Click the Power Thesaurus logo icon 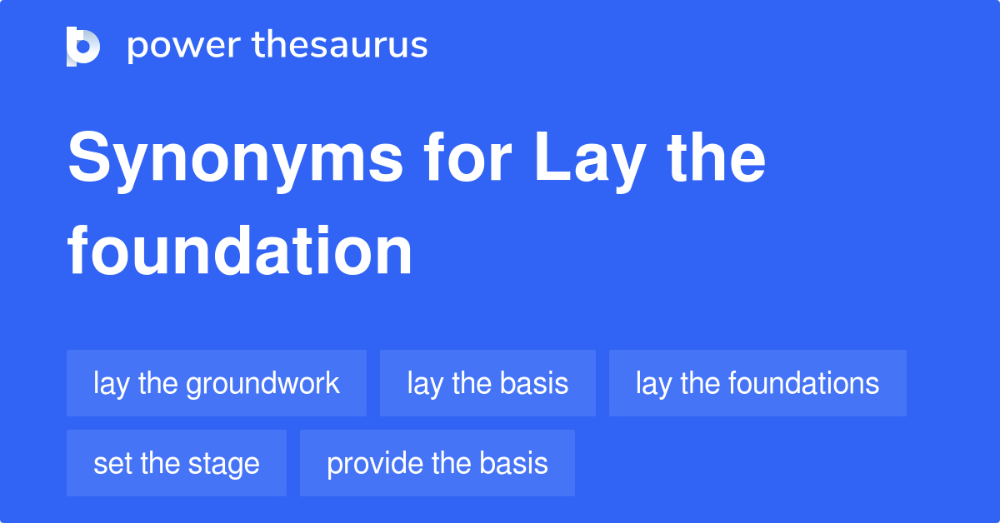(x=83, y=46)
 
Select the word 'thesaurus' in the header (x=340, y=46)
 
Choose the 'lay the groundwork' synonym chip (x=217, y=383)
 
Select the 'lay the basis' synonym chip (x=487, y=383)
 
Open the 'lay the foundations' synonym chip (x=757, y=383)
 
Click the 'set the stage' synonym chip (x=177, y=463)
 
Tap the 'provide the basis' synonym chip (x=437, y=463)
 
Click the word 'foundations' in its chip (x=803, y=383)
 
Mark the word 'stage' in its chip (x=226, y=464)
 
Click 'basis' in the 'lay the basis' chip (x=534, y=383)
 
